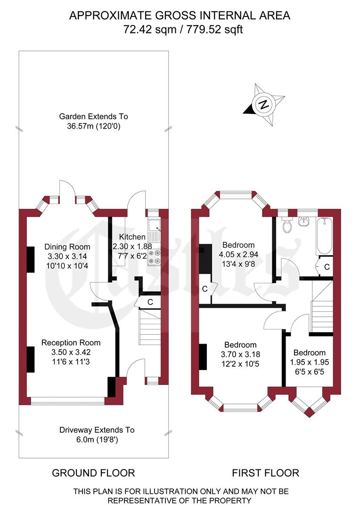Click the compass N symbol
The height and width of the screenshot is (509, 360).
264,105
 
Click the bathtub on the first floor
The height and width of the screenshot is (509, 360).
325,236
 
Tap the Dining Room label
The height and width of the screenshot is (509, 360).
67,247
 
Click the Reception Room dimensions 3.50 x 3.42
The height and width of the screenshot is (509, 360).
71,352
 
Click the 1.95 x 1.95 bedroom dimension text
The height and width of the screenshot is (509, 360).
309,362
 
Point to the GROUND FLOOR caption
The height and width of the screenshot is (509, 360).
93,473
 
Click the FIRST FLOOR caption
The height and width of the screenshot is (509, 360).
265,473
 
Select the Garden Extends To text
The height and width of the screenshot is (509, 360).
93,116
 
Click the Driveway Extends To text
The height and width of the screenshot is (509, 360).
97,430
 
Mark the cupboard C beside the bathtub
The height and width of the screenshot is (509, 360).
327,267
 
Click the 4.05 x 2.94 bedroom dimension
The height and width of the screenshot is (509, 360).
238,255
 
